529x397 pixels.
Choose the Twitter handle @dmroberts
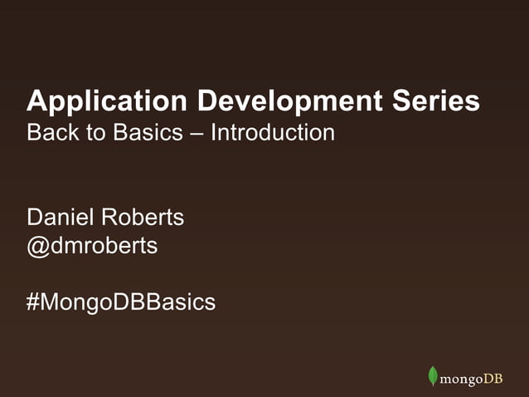coord(92,246)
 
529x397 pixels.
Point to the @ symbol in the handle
coord(38,247)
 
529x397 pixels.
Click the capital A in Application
coord(37,101)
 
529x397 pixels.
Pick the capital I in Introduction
coord(214,133)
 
